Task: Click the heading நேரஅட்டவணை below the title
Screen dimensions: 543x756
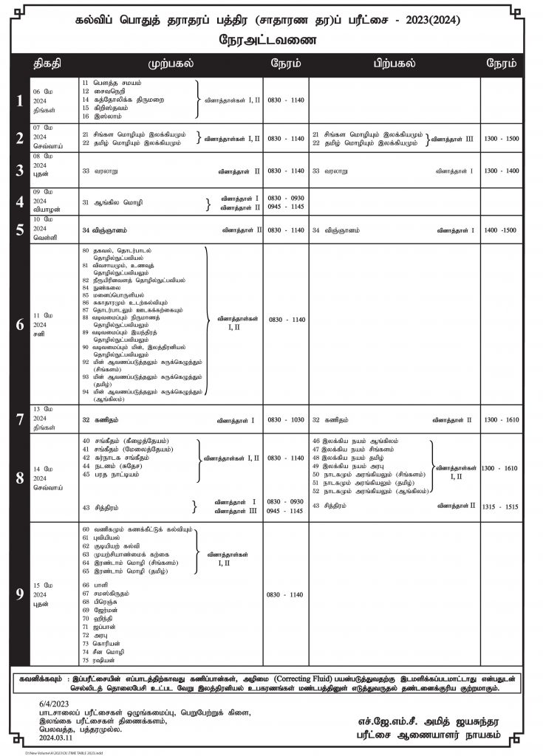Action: click(271, 41)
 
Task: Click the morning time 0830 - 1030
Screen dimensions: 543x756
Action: click(286, 419)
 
